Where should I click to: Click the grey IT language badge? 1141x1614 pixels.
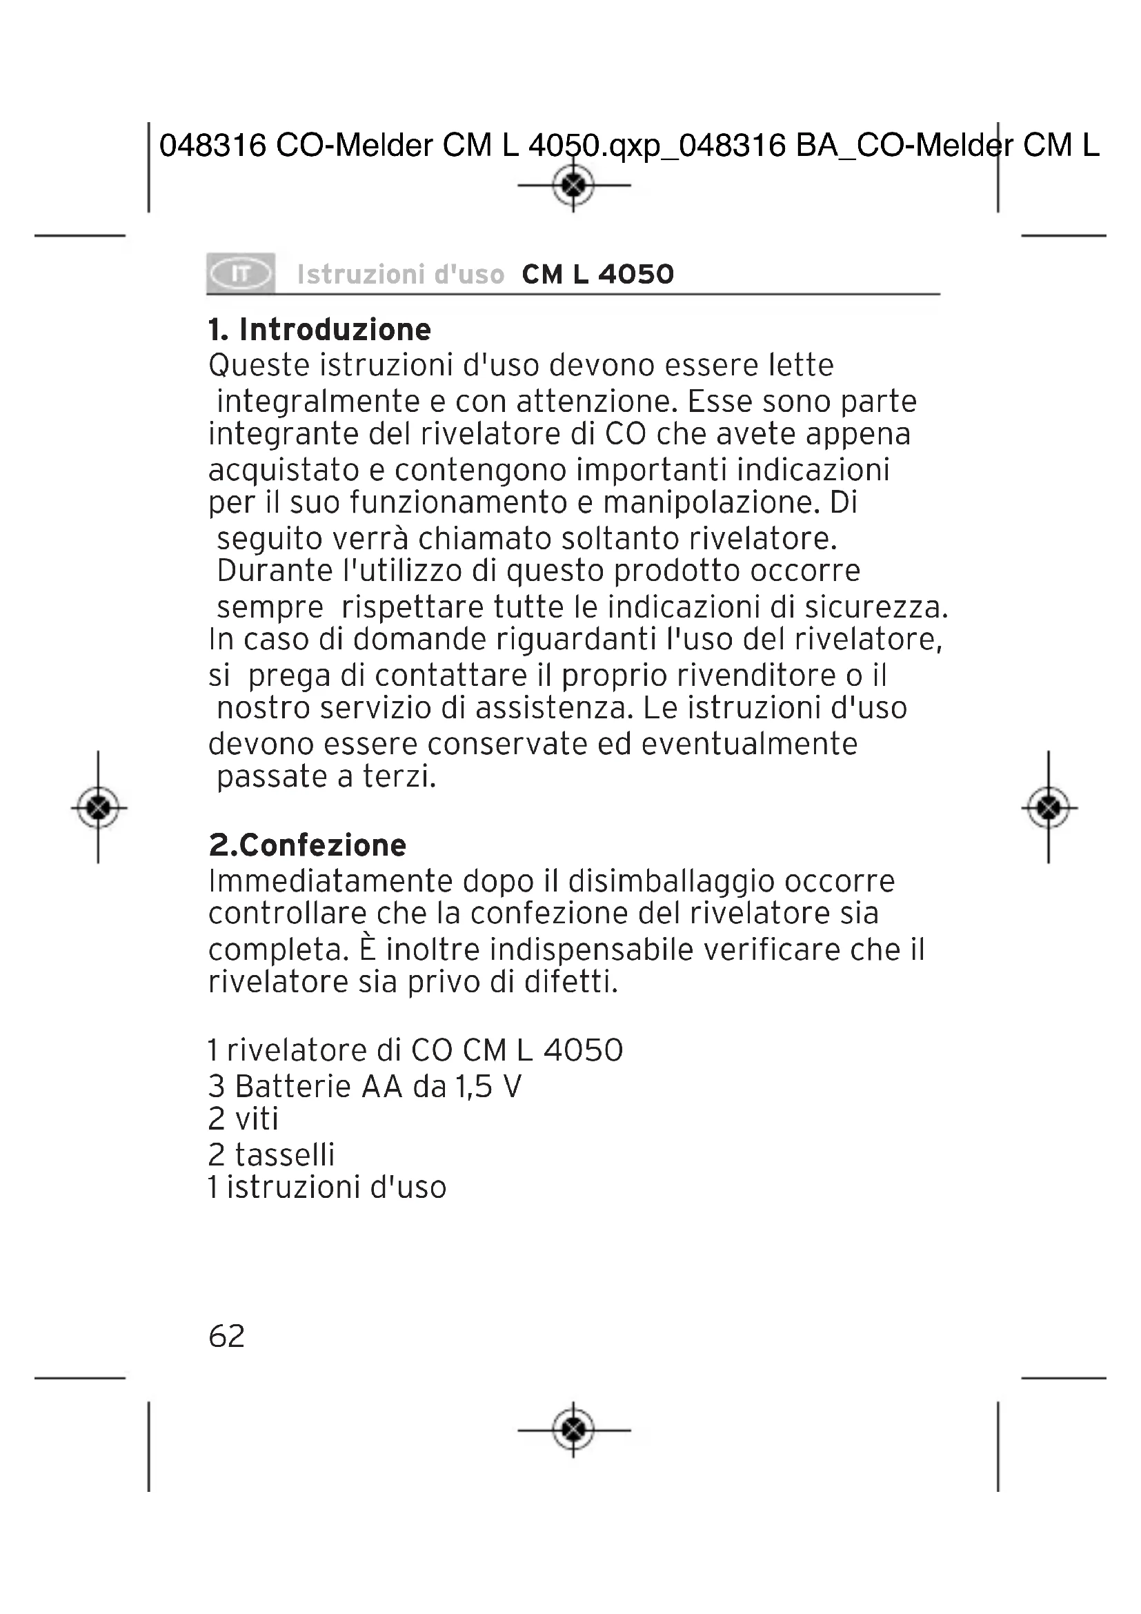point(240,273)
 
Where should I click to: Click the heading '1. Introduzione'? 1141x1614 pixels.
point(319,330)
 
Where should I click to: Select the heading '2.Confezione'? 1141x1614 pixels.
point(308,845)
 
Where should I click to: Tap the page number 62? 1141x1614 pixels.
point(226,1336)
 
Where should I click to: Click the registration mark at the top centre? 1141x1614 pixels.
point(573,185)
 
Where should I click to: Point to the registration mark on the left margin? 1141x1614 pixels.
point(99,807)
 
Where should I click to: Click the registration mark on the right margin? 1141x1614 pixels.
point(1049,807)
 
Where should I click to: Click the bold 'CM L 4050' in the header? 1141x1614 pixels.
point(598,274)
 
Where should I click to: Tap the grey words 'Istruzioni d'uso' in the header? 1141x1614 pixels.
point(401,274)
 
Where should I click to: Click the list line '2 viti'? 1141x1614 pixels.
point(243,1119)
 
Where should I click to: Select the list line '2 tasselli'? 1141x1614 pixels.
point(271,1154)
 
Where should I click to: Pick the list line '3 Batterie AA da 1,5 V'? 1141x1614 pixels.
point(365,1086)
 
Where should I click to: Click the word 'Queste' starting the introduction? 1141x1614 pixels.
point(259,366)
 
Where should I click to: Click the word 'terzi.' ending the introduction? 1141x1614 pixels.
point(399,777)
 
